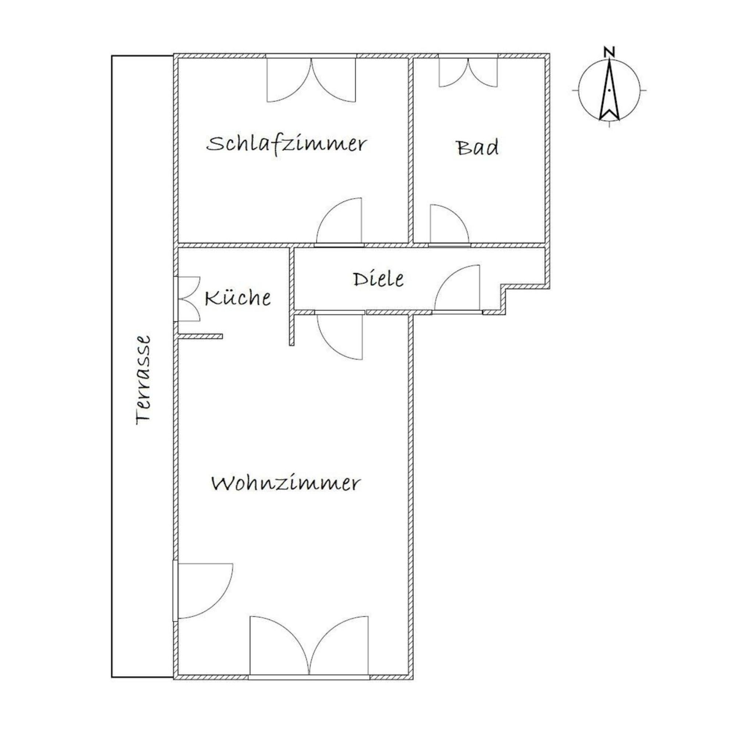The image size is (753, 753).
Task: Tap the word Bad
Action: click(x=478, y=148)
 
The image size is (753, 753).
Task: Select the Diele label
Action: click(x=378, y=279)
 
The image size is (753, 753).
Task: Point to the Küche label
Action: click(x=238, y=298)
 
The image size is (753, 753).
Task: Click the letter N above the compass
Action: click(x=609, y=51)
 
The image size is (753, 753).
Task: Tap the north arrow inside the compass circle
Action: click(x=609, y=90)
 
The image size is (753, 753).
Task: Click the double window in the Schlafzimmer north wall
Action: click(x=311, y=79)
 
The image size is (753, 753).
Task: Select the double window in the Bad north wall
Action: click(x=468, y=71)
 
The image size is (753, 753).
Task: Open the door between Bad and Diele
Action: click(x=449, y=225)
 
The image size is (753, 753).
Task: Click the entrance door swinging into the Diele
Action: click(x=457, y=289)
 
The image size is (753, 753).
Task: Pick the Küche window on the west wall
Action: click(x=188, y=299)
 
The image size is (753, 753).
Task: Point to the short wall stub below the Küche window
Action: click(x=200, y=336)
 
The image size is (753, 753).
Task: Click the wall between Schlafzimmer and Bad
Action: click(x=411, y=150)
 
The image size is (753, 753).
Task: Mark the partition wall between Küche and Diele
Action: click(x=292, y=296)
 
